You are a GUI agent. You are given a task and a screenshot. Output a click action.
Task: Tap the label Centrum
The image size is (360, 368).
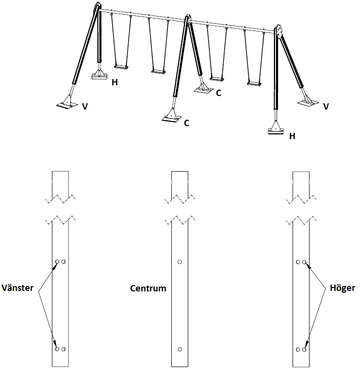click(148, 288)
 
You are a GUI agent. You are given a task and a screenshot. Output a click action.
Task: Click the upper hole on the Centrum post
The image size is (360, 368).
click(180, 262)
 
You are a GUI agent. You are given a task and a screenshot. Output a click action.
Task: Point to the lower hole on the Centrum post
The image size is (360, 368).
click(180, 349)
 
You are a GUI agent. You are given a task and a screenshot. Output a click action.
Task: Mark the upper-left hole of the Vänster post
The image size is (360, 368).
click(57, 262)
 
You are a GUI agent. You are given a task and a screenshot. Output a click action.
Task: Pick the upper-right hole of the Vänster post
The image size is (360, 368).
click(64, 262)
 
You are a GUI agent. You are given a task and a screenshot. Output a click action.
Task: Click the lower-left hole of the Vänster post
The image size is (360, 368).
click(57, 349)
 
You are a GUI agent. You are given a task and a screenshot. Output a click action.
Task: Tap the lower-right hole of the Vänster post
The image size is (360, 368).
click(64, 349)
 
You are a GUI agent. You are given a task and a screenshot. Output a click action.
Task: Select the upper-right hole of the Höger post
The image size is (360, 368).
click(305, 262)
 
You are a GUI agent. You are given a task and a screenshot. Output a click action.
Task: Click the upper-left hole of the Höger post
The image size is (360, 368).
click(298, 262)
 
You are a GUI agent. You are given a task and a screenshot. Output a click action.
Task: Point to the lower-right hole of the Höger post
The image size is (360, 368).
click(305, 349)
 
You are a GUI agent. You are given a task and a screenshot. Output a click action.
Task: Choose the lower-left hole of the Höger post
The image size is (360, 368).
click(298, 349)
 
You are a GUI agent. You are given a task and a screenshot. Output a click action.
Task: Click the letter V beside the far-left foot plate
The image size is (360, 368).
click(85, 106)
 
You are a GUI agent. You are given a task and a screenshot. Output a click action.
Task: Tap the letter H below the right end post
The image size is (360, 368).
click(292, 137)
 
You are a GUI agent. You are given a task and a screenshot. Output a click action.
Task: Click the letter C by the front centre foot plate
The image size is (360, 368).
click(186, 123)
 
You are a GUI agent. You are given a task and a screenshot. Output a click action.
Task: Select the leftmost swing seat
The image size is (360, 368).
click(121, 66)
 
